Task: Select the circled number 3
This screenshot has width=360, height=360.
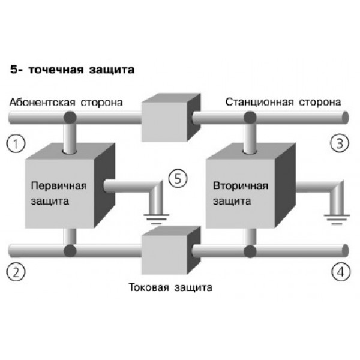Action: pyautogui.click(x=340, y=143)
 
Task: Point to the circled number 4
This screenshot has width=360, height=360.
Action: pyautogui.click(x=340, y=271)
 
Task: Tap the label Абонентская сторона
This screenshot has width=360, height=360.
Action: pyautogui.click(x=66, y=102)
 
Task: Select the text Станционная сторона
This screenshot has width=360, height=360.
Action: pyautogui.click(x=284, y=102)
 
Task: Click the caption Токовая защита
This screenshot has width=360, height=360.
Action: pyautogui.click(x=170, y=289)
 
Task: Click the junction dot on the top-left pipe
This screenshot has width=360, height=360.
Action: pyautogui.click(x=70, y=116)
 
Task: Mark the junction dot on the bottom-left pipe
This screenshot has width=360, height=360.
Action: pyautogui.click(x=70, y=248)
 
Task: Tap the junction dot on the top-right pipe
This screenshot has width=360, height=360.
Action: pyautogui.click(x=248, y=116)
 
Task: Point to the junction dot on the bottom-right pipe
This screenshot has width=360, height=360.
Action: pyautogui.click(x=248, y=248)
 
